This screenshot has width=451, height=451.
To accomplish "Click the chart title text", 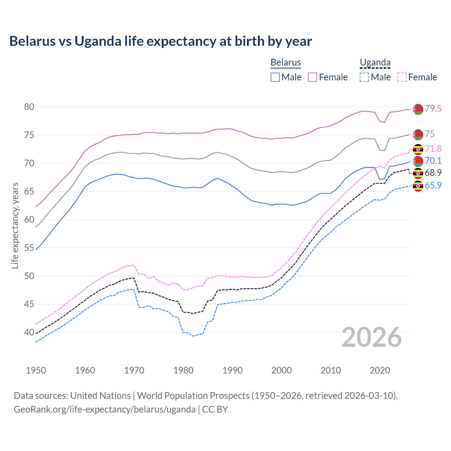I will coord(160,41).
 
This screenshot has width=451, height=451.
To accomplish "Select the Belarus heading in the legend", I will coord(285,62).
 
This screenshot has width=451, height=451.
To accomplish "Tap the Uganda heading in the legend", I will coord(375,62).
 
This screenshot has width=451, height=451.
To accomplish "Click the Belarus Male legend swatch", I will coord(275,77).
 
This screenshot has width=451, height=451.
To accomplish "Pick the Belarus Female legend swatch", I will coord(313,77).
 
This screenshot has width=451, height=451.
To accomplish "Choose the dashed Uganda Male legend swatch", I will coord(364,77).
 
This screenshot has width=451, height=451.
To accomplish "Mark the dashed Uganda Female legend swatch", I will coord(402,77).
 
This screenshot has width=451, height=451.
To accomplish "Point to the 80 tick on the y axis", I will coord(29,107).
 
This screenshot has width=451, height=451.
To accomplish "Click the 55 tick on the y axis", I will coord(29,248).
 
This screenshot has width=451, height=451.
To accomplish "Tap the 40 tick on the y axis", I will coord(29,332).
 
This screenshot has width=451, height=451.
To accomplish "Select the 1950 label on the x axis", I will coord(36,370).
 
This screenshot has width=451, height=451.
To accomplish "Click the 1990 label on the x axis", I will coord(233,370).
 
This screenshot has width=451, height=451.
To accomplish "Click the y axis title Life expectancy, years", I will coord(15,225).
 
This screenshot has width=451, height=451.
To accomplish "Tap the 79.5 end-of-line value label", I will coord(433,109).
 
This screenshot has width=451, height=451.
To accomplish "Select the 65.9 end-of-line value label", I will coord(433,185).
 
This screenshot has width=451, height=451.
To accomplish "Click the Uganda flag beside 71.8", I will coord(418,149).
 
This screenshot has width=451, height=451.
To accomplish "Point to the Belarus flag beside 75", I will coord(418,134).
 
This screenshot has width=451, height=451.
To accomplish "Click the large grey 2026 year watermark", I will coord(372,337).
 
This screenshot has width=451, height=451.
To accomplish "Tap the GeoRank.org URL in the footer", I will coord(105,409).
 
